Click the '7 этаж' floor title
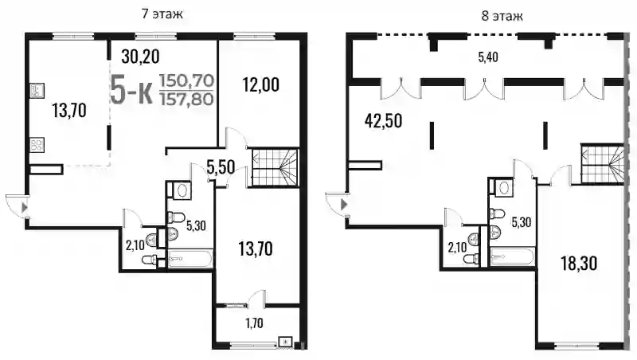[162, 14]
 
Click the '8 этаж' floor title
[502, 16]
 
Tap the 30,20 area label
[141, 57]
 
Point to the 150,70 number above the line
[186, 81]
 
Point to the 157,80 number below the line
[186, 99]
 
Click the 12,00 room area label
[261, 85]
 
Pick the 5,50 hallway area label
[221, 167]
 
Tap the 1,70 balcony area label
[254, 323]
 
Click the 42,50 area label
[384, 121]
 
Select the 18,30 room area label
[579, 264]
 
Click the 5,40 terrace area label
[488, 57]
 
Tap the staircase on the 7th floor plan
[274, 167]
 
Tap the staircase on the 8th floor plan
[602, 164]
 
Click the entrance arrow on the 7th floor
[25, 208]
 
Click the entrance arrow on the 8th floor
[344, 205]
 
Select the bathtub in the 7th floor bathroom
[190, 258]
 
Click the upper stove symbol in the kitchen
[37, 91]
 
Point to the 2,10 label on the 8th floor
[457, 248]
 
